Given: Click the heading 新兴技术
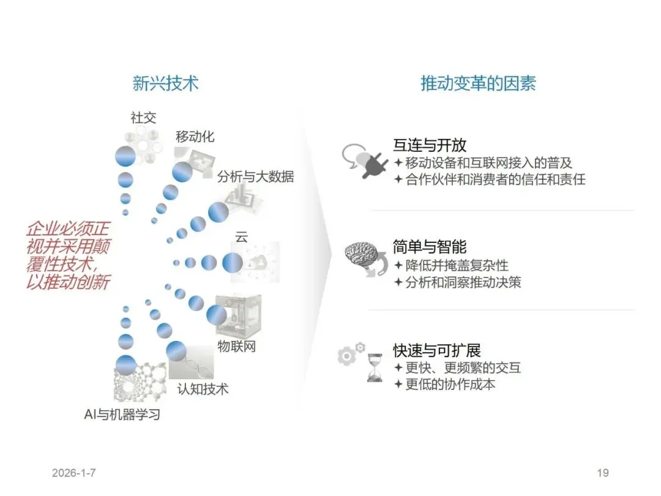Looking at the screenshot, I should pos(165,83).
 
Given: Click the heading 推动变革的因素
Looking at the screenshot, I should pos(478,83).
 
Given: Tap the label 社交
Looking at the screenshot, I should pos(144,118).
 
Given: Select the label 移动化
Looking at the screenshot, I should pos(195,137).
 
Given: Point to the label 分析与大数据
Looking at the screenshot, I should pos(255,176).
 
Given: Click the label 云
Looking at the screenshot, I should pos(242,238).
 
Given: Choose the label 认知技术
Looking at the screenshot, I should pos(203,388).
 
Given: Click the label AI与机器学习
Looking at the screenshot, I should pos(122,414).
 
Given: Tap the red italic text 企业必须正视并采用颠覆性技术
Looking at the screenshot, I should pos(68,256).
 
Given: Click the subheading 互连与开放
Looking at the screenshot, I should pos(430,145).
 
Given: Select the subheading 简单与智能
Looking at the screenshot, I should pos(430,247).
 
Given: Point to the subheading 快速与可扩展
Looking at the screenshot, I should pos(437,350).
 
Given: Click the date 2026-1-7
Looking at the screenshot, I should pos(74,473).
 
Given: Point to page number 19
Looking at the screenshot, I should pos(602,473).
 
